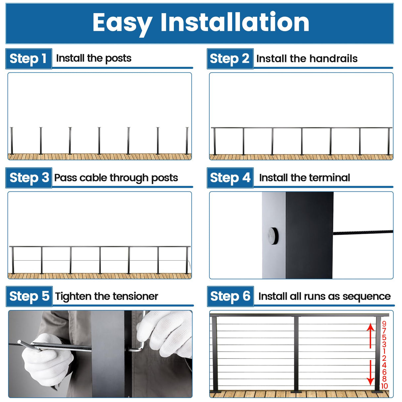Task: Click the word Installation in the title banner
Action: [x=235, y=23]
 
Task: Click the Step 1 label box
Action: [x=28, y=59]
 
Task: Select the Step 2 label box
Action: [x=230, y=59]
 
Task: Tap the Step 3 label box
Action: [x=29, y=178]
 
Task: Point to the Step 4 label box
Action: [x=230, y=178]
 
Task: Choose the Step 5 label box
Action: [x=29, y=296]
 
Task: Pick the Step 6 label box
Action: [x=230, y=296]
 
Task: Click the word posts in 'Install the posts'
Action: [x=118, y=59]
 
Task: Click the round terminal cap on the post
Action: [x=273, y=236]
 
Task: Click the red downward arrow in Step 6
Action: [x=371, y=373]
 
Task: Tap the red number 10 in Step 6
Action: [x=384, y=386]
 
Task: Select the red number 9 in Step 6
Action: [x=384, y=324]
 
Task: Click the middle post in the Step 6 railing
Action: [x=296, y=354]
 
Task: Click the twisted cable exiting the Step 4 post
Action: [x=363, y=233]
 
